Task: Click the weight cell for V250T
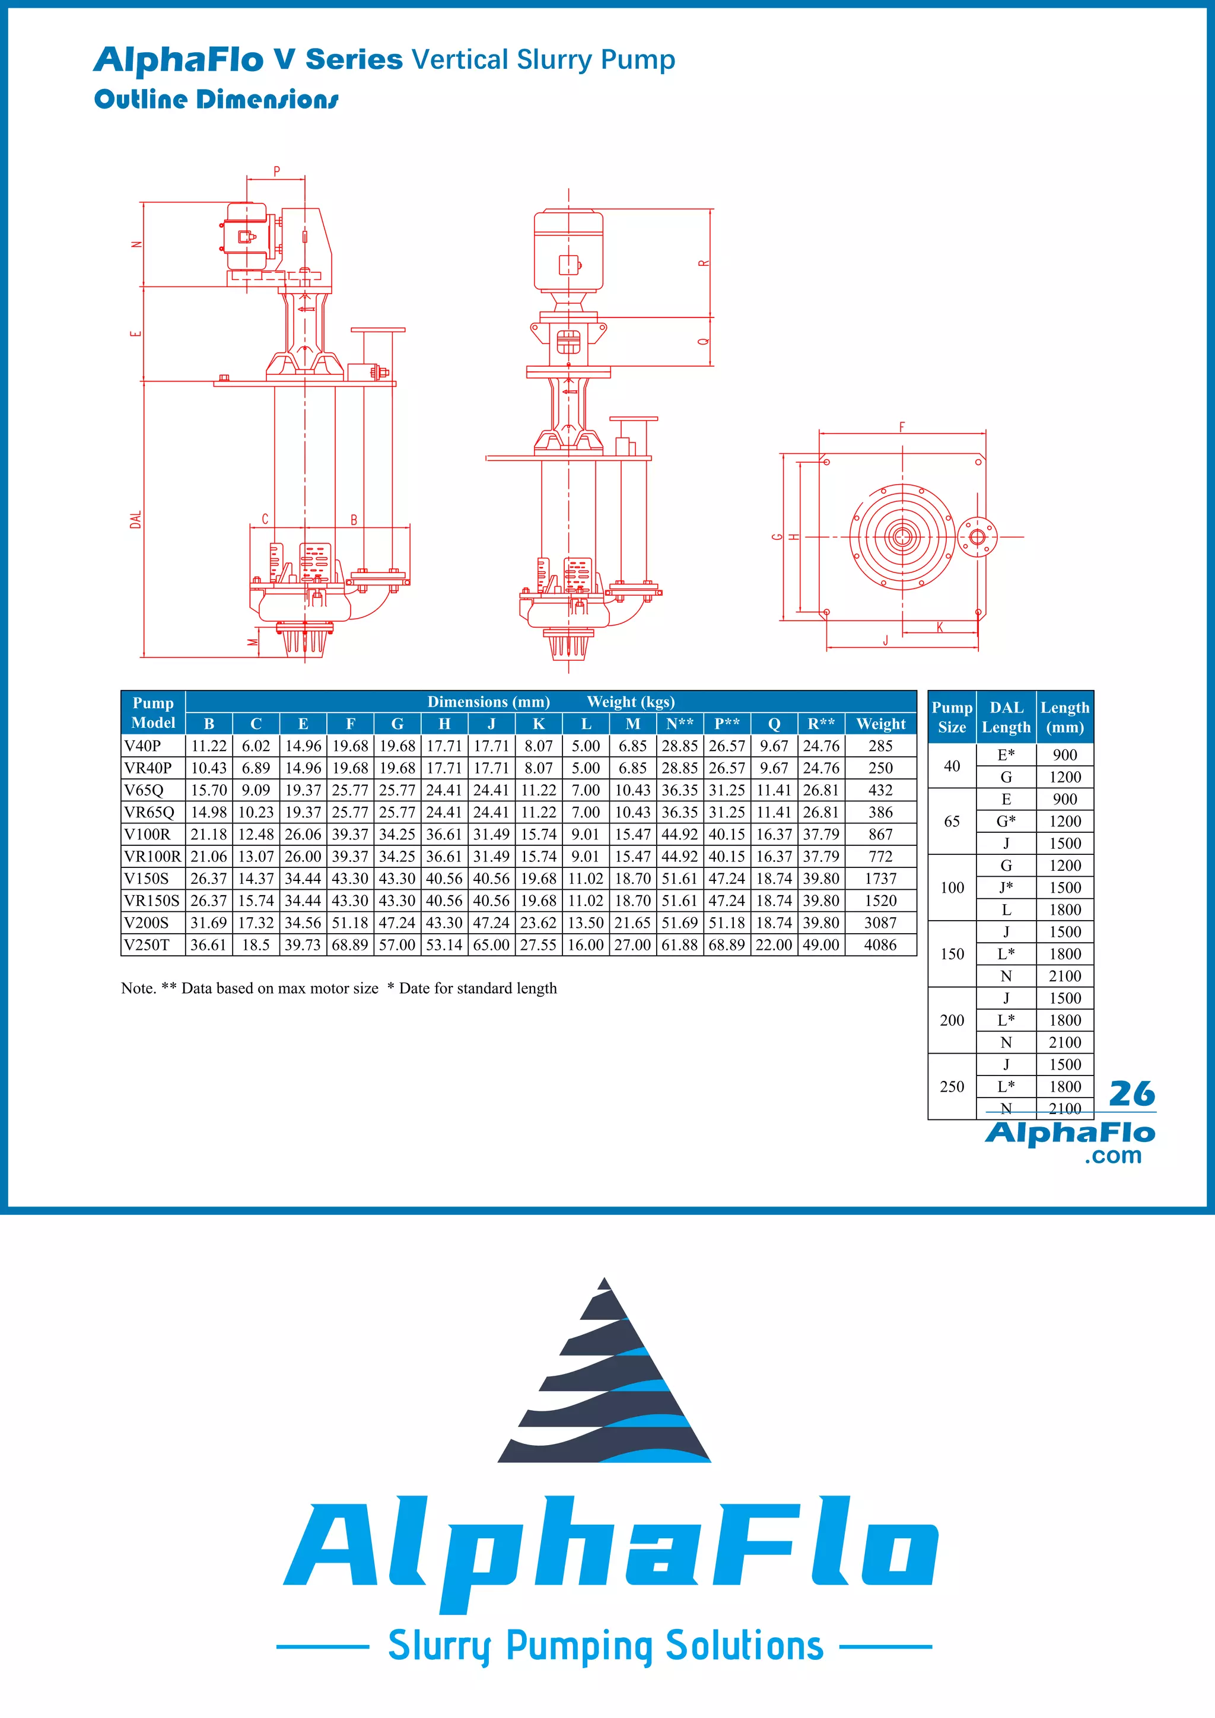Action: [880, 945]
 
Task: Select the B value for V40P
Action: [209, 746]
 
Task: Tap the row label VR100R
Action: [152, 857]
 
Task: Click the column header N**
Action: [679, 724]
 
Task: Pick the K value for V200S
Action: [538, 922]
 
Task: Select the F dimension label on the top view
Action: [902, 427]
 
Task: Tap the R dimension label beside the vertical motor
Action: [703, 263]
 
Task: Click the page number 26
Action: [1131, 1094]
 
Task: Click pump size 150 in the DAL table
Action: [952, 954]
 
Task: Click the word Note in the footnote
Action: [138, 988]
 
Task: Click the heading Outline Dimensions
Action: [216, 100]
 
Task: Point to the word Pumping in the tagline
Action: [578, 1646]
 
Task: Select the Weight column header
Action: [880, 724]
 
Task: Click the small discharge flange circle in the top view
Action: [977, 536]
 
